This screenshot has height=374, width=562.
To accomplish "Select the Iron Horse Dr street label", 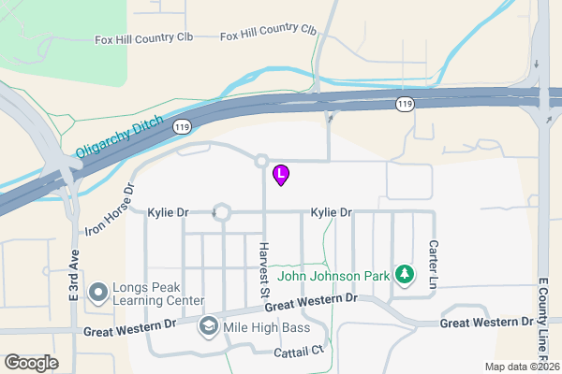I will pos(111,210).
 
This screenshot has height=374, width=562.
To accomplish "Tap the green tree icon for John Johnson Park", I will pos(405,275).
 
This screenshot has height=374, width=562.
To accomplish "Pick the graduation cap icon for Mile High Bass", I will pos(208,327).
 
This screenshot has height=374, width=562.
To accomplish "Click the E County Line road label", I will pos(542,318).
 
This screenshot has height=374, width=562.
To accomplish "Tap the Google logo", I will pos(31,362).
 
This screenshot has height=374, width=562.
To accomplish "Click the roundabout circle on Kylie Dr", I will pos(222,213).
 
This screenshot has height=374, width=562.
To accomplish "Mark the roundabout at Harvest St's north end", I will pos(261,162).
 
